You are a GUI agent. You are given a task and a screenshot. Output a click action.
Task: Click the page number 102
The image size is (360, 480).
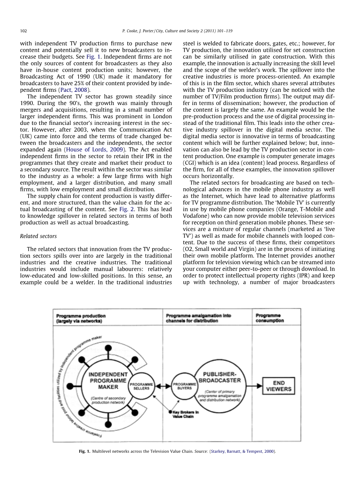(23, 31)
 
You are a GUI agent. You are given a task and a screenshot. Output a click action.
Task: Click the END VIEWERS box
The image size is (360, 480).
(279, 386)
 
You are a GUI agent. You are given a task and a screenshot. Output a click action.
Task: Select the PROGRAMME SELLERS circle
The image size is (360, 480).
(141, 386)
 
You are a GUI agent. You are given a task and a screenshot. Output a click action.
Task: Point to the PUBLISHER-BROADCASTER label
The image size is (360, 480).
(220, 377)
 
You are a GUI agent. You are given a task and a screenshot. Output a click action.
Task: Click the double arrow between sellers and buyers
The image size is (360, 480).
(163, 386)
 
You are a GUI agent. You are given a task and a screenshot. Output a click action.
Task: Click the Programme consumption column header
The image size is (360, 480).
(269, 318)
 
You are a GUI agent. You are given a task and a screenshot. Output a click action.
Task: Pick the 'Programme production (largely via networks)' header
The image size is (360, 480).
(81, 318)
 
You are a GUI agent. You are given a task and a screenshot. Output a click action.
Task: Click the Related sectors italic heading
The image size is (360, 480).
(38, 236)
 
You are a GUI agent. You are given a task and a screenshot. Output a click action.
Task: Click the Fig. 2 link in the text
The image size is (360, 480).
(124, 209)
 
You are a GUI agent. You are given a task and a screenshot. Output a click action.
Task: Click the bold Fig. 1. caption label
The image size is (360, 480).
(84, 451)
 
